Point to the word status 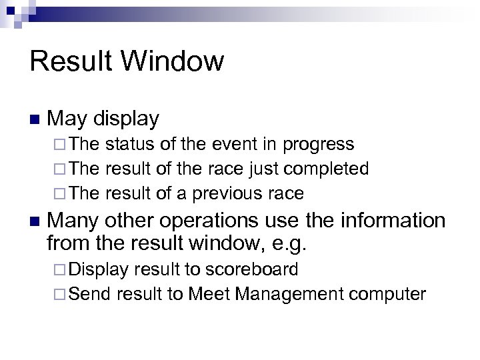[x=127, y=144]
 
